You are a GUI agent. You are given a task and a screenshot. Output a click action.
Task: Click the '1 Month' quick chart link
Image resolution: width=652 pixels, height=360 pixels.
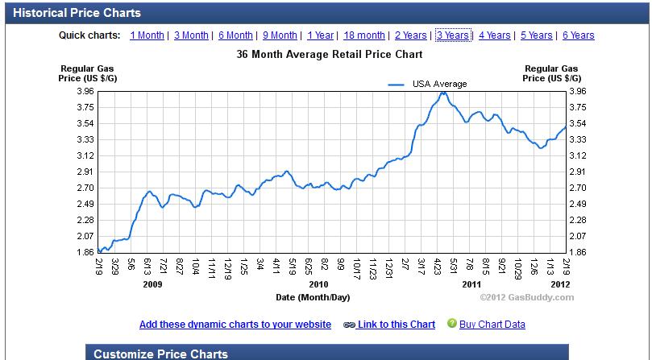(x=147, y=35)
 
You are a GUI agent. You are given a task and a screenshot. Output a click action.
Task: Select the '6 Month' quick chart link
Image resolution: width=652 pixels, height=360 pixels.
(x=235, y=35)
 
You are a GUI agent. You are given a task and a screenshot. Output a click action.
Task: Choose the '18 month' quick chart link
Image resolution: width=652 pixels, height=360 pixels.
(x=364, y=35)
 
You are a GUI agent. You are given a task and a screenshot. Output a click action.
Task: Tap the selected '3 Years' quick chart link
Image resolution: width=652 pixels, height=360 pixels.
(x=452, y=35)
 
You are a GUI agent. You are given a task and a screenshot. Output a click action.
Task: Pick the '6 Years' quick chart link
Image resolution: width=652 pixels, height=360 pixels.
(x=578, y=35)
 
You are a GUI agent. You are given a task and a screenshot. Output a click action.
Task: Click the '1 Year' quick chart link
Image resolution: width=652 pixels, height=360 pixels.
(x=320, y=35)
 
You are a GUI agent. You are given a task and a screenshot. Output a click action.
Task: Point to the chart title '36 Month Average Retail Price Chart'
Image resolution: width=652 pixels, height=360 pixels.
(x=330, y=55)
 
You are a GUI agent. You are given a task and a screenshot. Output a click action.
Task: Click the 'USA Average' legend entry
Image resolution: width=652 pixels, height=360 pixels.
(x=439, y=84)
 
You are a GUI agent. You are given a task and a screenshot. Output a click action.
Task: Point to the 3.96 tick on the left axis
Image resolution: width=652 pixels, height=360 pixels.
(x=84, y=92)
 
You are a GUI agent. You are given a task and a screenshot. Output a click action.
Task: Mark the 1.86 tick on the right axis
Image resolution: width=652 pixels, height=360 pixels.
(x=577, y=252)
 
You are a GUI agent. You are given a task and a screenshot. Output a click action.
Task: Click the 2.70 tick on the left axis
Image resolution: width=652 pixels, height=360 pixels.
(x=84, y=188)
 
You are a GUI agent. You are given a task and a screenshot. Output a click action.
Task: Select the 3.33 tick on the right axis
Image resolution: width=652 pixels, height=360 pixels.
(x=577, y=139)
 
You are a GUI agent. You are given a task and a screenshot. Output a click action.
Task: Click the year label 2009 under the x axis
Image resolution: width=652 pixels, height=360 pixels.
(x=152, y=284)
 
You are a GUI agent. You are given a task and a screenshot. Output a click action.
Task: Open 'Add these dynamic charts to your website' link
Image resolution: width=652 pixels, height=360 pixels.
(x=235, y=325)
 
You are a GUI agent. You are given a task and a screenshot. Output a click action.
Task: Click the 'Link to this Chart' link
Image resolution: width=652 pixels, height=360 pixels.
(x=396, y=325)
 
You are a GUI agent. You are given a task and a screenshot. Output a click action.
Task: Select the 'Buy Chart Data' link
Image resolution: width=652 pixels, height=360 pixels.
(x=492, y=325)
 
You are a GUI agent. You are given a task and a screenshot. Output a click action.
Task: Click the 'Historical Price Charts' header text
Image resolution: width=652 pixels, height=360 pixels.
(x=77, y=13)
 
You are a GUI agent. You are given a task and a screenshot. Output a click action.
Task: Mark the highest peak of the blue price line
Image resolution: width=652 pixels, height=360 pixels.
(x=442, y=93)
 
